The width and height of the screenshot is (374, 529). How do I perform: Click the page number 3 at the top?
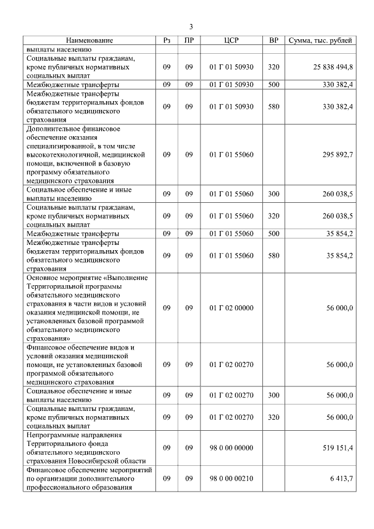[191, 26]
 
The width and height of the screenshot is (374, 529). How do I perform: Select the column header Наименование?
[89, 40]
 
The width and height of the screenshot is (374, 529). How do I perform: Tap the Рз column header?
[167, 40]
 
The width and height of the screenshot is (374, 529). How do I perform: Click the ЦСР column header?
[231, 40]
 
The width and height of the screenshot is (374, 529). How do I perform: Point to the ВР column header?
[273, 40]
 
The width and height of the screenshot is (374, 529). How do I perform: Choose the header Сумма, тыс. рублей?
[320, 40]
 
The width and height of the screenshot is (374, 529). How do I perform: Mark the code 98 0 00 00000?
[231, 448]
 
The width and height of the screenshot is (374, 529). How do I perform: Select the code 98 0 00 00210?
[231, 478]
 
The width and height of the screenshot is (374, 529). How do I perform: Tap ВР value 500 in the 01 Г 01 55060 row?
[273, 234]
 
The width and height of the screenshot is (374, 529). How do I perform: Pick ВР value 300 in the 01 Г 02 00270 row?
[273, 395]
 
